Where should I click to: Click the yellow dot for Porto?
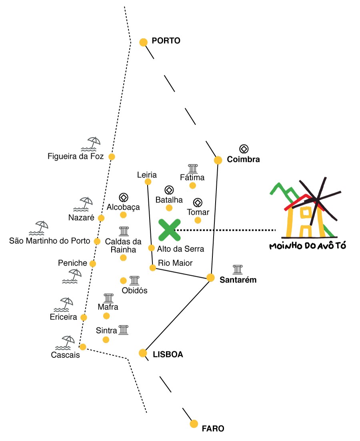pos(143,42)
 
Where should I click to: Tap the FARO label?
pos(213,429)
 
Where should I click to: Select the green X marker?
pos(170,230)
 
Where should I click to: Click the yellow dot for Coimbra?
pos(218,160)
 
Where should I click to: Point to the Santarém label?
pos(238,280)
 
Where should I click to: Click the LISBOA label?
pos(168,354)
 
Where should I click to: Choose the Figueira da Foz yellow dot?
pos(112,157)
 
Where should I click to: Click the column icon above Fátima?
pos(193,168)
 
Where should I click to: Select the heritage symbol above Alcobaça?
pos(124,198)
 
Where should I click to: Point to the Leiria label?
pos(147,175)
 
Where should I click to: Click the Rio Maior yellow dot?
pos(152,268)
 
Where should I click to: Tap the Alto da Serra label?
pos(180,249)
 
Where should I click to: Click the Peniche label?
pos(73,263)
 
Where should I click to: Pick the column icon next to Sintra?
pos(124,329)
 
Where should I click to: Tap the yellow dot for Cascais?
pos(83,347)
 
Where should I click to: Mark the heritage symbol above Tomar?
pos(198,203)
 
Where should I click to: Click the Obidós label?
pos(134,290)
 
